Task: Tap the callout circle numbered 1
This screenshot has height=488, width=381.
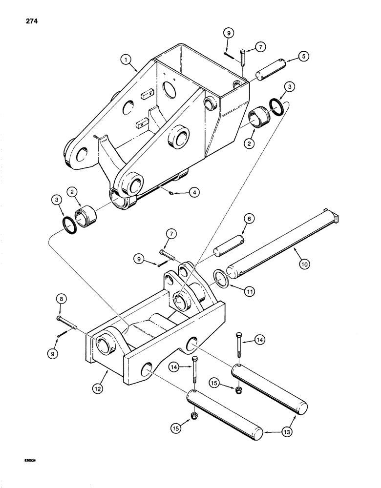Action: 127,61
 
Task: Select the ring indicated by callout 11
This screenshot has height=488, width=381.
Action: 222,280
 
